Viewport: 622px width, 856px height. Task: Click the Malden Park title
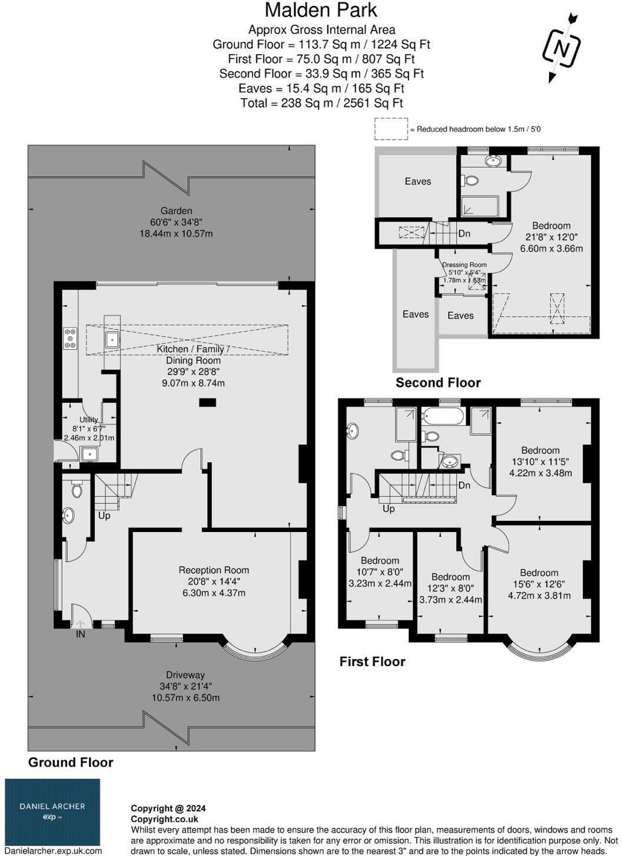pyautogui.click(x=321, y=10)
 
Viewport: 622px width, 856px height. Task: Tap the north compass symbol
pyautogui.click(x=561, y=48)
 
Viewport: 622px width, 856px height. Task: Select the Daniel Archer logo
pyautogui.click(x=52, y=811)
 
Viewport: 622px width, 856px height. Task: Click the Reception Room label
pyautogui.click(x=214, y=570)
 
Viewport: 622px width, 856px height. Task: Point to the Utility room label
pyautogui.click(x=89, y=420)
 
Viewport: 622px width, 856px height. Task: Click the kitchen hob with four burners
pyautogui.click(x=70, y=338)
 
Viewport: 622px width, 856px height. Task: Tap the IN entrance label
pyautogui.click(x=80, y=634)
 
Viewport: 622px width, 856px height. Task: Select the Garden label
pyautogui.click(x=176, y=210)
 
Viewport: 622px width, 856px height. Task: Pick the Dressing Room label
pyautogui.click(x=464, y=265)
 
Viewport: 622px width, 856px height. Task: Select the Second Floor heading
pyautogui.click(x=438, y=383)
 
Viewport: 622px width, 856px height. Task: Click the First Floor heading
pyautogui.click(x=372, y=661)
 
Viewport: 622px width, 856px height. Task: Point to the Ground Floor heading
pyautogui.click(x=71, y=762)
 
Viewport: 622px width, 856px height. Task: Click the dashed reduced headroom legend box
pyautogui.click(x=391, y=129)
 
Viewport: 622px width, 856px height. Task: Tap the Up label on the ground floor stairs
pyautogui.click(x=104, y=516)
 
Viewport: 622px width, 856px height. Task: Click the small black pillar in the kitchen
pyautogui.click(x=207, y=403)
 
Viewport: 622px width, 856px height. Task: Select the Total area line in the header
pyautogui.click(x=321, y=103)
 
